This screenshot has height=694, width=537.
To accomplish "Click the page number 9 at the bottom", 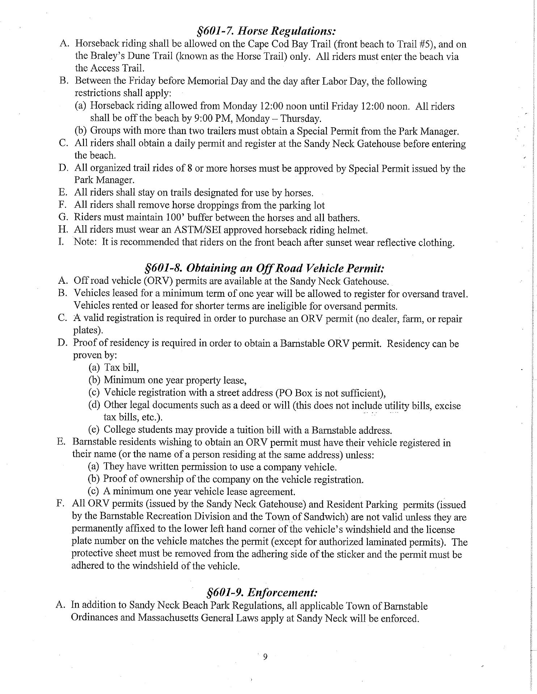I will (265, 657).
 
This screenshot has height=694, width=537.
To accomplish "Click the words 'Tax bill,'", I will (121, 368).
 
